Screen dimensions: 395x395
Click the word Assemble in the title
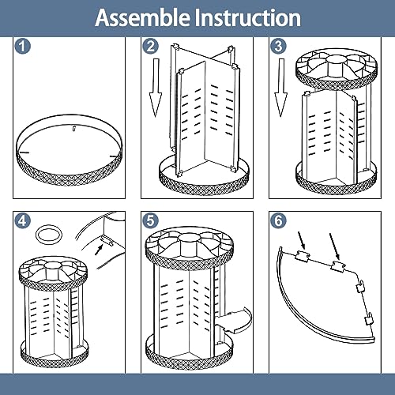(x=142, y=17)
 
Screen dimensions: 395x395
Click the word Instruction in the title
(x=247, y=17)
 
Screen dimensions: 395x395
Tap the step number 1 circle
(x=22, y=46)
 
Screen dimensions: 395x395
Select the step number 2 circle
(x=150, y=46)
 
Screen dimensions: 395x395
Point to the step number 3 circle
(x=278, y=46)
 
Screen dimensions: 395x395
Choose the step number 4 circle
(x=22, y=220)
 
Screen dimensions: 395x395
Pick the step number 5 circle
(x=150, y=220)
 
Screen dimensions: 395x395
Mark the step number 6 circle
(x=278, y=220)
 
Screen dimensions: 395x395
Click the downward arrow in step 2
(x=156, y=88)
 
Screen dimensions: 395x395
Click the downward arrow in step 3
(x=281, y=88)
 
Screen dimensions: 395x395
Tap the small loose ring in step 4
(x=49, y=229)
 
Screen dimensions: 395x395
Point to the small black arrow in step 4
(x=99, y=250)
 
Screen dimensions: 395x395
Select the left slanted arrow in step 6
(x=301, y=241)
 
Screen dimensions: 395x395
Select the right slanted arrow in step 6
(x=335, y=246)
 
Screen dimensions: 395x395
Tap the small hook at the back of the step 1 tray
(x=74, y=128)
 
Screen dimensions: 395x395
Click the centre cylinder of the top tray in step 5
(x=189, y=245)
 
